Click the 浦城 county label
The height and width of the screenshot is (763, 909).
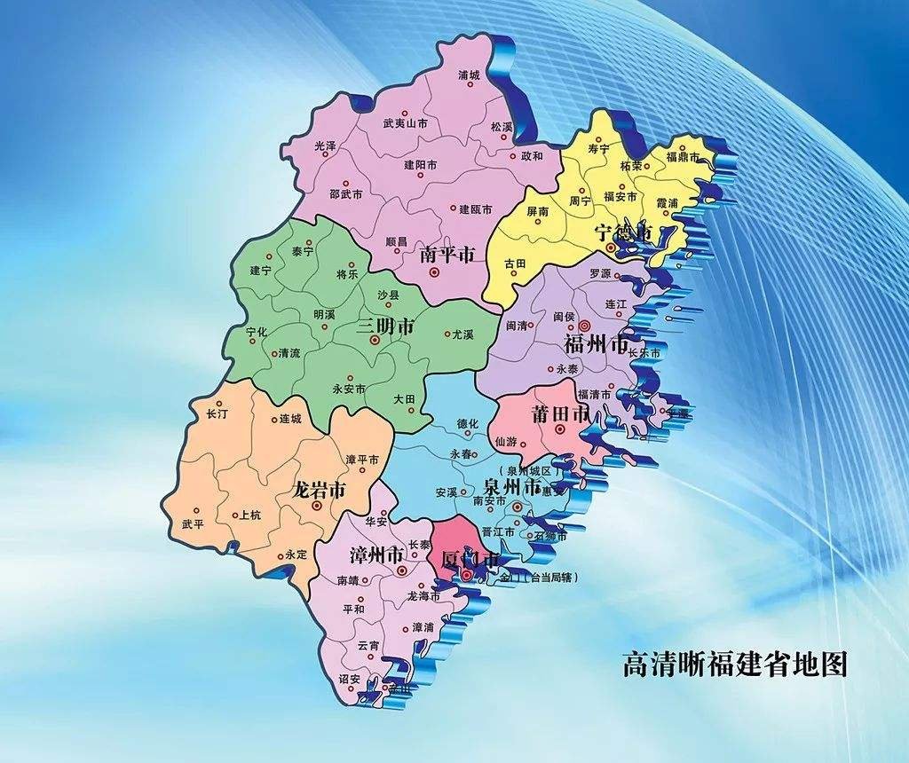[468, 75]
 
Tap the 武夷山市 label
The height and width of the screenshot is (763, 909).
[405, 125]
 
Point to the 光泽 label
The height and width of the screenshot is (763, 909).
[326, 145]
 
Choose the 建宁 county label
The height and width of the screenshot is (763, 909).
[260, 271]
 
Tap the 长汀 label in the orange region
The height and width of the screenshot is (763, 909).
[217, 414]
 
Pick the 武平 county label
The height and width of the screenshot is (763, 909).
[193, 523]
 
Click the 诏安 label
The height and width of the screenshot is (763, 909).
[349, 679]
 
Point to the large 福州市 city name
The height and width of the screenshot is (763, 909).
[597, 343]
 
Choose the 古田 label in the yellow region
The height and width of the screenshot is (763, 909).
[516, 264]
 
